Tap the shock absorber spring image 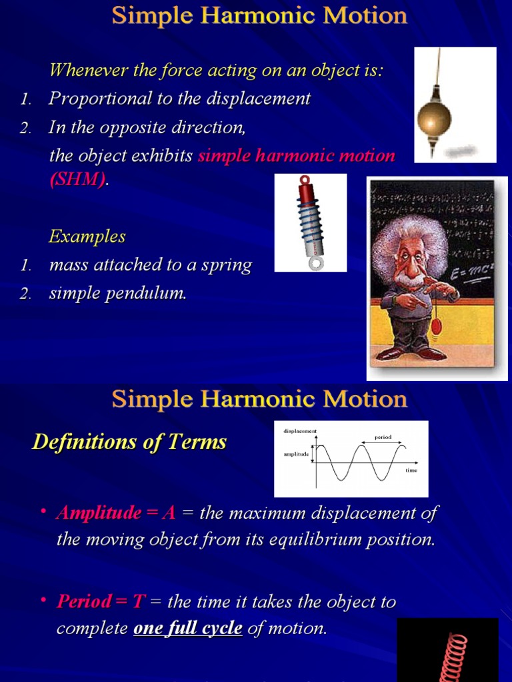click(311, 222)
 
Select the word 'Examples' click(87, 236)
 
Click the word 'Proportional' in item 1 click(91, 99)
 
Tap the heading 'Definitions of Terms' click(129, 442)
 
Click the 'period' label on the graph click(383, 438)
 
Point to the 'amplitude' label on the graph click(296, 454)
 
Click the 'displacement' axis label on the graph click(300, 431)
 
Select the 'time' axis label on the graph click(411, 470)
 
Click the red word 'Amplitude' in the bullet click(99, 513)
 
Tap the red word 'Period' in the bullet click(84, 602)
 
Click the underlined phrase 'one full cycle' click(188, 629)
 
